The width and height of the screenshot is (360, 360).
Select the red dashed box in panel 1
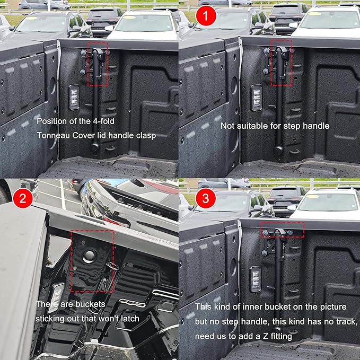[x=282, y=62]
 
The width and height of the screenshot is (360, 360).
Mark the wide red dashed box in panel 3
[x=283, y=230]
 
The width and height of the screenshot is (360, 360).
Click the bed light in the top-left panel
[x=75, y=98]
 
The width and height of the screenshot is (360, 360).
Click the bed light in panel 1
[x=257, y=98]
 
